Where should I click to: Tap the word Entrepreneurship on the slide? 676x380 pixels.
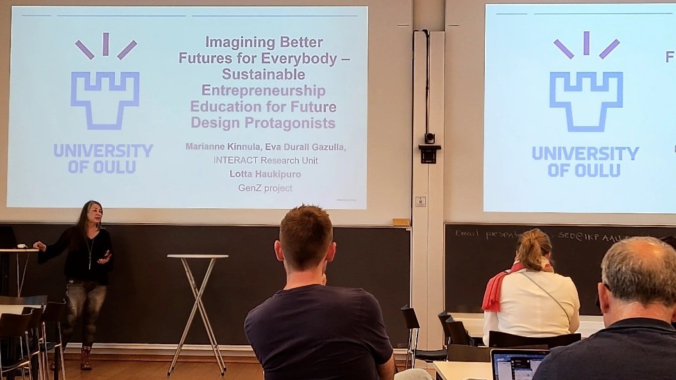coord(264,90)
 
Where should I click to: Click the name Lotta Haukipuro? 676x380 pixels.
coord(266,174)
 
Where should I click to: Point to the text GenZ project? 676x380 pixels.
coord(266,188)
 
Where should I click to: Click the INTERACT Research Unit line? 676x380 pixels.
coord(266,160)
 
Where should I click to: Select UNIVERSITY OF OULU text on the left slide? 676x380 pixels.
coord(103,158)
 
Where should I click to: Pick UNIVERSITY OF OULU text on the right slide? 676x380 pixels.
coord(585,161)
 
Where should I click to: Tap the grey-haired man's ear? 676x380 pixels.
coord(607,295)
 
